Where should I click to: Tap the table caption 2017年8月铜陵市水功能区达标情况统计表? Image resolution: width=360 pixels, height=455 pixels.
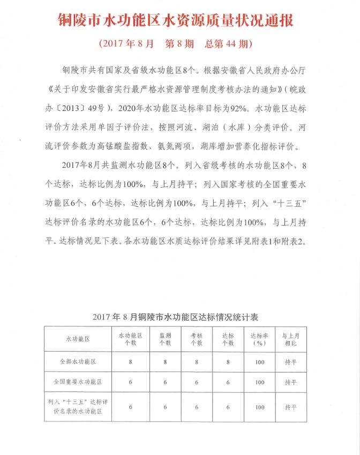click(179, 317)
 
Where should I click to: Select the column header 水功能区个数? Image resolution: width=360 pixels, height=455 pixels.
click(131, 339)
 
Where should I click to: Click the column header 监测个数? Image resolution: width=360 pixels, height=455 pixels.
click(165, 339)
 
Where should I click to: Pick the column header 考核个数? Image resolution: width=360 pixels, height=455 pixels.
click(197, 339)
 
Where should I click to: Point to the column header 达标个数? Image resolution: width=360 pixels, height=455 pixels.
click(228, 339)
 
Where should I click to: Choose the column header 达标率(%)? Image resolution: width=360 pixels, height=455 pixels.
click(260, 339)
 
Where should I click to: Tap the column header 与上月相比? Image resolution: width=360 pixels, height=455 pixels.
click(291, 339)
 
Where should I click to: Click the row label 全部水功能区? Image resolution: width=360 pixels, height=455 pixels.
click(78, 362)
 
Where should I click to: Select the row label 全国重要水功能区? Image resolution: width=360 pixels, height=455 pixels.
click(78, 383)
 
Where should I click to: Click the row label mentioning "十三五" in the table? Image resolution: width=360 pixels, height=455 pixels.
click(78, 407)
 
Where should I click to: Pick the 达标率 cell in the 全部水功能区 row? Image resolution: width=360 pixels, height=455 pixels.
click(260, 362)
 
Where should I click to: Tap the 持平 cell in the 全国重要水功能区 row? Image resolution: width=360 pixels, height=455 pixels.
click(291, 383)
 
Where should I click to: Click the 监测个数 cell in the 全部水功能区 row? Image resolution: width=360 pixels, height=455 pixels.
click(165, 362)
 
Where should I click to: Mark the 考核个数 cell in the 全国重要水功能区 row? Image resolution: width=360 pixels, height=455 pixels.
click(197, 383)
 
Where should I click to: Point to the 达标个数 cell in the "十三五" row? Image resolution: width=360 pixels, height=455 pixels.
click(228, 407)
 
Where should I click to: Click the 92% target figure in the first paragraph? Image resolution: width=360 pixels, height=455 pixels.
click(236, 109)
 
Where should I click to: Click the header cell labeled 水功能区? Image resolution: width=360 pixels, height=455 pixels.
click(78, 339)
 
